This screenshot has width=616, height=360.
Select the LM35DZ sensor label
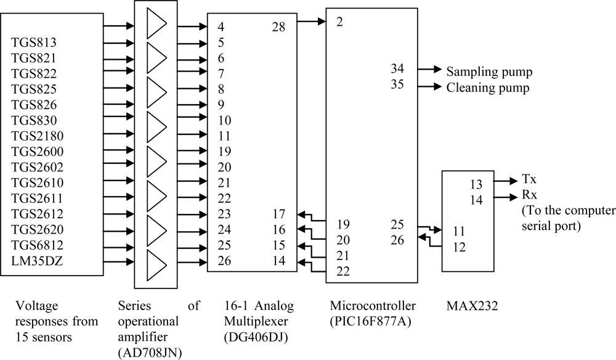pos(36,262)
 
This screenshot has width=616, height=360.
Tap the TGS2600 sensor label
pos(37,152)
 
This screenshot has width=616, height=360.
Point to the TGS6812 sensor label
pos(36,246)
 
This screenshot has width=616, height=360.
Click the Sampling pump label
pos(489,72)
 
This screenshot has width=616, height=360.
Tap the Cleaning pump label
pos(487,88)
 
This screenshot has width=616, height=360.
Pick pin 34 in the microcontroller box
pos(397,68)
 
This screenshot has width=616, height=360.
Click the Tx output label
pos(529,179)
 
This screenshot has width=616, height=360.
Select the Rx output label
pos(529,195)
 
